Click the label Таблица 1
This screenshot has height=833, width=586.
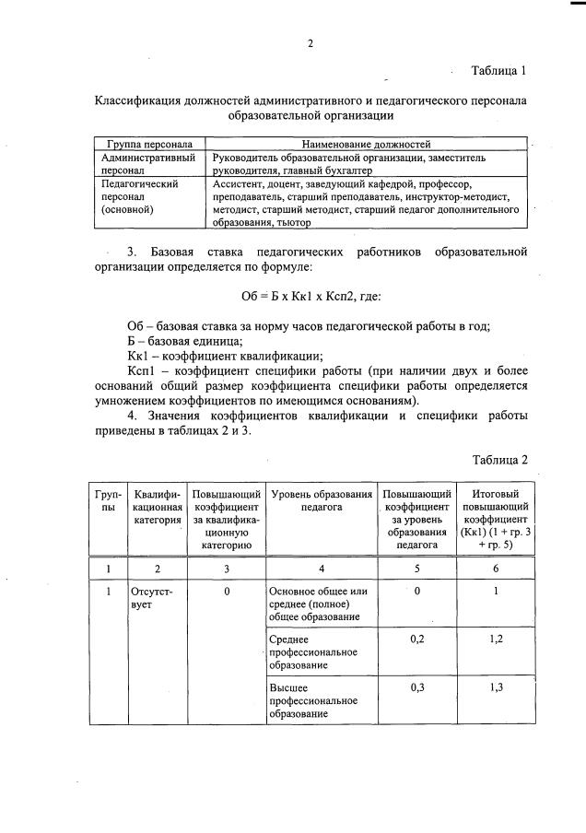tap(498, 71)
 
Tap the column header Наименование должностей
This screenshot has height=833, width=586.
tap(366, 145)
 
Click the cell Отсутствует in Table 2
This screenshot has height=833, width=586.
tap(152, 596)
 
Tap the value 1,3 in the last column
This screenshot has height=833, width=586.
tap(496, 687)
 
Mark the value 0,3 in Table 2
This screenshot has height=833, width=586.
tap(416, 687)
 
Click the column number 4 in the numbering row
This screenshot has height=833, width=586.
tap(321, 569)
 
